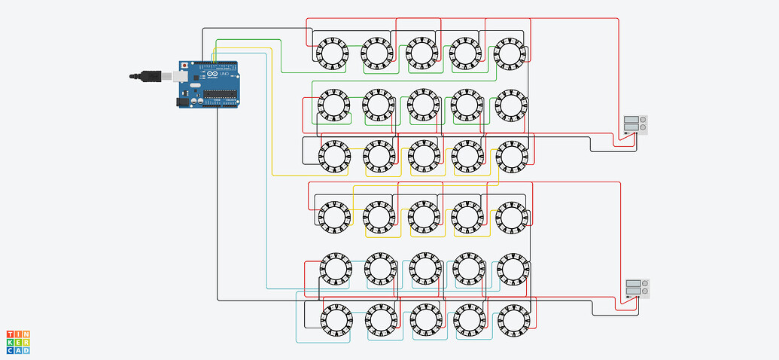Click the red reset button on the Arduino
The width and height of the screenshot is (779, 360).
click(184, 66)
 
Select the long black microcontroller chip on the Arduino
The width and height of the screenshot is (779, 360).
click(221, 94)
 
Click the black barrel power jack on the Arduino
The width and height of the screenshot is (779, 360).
click(183, 102)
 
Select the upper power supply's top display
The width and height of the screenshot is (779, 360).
click(631, 119)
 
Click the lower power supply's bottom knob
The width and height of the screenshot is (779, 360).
click(644, 291)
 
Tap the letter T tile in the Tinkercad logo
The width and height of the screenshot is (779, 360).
click(11, 334)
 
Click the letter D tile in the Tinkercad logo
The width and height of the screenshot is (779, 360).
click(26, 349)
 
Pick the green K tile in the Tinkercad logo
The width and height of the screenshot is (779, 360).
click(11, 342)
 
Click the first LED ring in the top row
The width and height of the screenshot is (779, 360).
click(331, 52)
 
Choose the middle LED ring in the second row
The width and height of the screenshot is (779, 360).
click(422, 105)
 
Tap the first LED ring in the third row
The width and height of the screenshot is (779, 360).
click(334, 156)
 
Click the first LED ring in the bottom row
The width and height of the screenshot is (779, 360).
click(336, 320)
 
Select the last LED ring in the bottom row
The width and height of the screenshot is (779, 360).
click(513, 321)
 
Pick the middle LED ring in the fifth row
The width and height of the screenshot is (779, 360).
click(423, 269)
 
